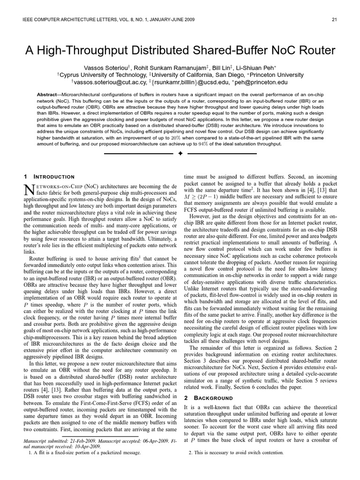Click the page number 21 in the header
pos(334,19)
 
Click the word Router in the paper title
pos(310,50)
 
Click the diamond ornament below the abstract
pos(180,153)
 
